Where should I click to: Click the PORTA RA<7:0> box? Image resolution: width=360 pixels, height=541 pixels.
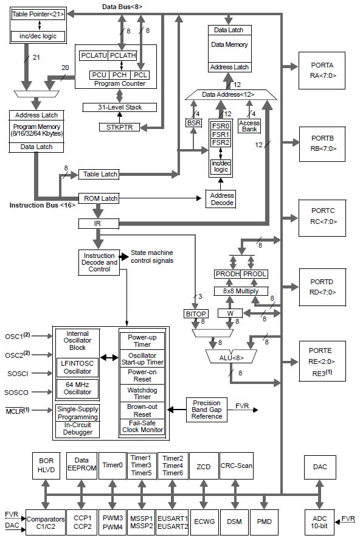coord(322,70)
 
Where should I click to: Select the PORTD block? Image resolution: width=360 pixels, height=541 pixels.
coord(322,286)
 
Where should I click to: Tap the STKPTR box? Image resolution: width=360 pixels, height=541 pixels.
coord(119,127)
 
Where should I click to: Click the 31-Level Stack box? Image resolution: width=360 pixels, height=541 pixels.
coord(120,107)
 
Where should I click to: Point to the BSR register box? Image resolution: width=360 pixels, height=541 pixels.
coord(193,123)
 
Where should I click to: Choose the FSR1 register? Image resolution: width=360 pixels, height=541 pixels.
coord(220,133)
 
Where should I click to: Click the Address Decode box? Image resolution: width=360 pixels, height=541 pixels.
coord(220,199)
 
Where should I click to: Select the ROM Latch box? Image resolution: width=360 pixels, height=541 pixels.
coord(99,198)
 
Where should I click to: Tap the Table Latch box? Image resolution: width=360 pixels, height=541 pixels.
coord(99,175)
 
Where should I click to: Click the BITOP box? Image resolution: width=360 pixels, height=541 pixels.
coord(196,313)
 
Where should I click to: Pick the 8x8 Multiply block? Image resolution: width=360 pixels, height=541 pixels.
coord(241,291)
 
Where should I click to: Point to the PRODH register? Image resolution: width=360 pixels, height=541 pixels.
coord(227,274)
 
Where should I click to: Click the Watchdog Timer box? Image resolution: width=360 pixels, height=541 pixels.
coord(142,393)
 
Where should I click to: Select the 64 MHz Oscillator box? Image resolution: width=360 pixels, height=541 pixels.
coord(77,388)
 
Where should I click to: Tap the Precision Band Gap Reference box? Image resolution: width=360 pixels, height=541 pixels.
coord(207,410)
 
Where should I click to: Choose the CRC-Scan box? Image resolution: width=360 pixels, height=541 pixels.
coord(237,467)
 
